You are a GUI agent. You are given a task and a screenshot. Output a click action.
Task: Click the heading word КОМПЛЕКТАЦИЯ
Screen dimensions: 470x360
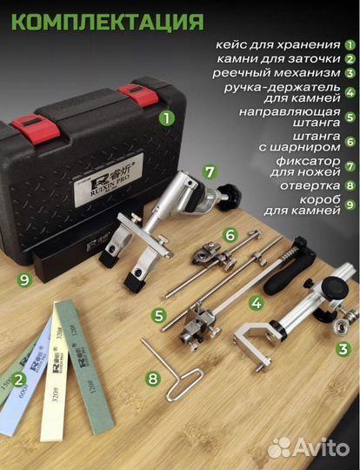click(x=103, y=20)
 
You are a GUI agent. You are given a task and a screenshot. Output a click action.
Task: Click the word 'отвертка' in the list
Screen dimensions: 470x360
click(x=308, y=185)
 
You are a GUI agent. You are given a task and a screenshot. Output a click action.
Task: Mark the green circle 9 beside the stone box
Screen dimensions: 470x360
click(x=23, y=278)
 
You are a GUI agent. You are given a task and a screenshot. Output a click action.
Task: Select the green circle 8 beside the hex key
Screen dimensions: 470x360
click(x=153, y=379)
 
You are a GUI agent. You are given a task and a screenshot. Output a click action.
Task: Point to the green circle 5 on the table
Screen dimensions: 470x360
click(x=158, y=315)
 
